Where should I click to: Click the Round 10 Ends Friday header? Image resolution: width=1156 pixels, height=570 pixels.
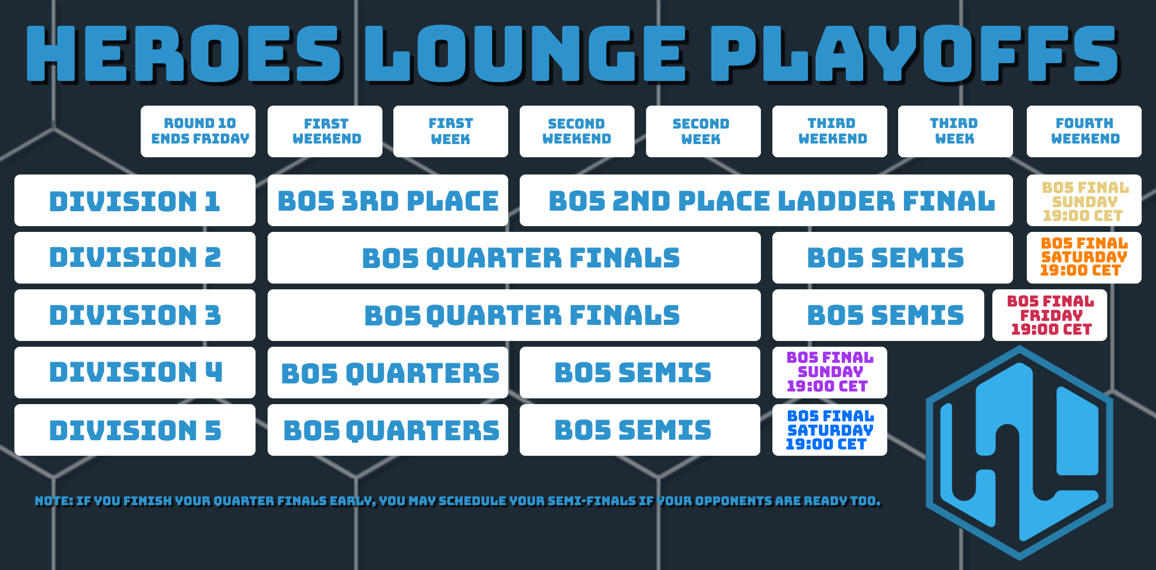pos(198,131)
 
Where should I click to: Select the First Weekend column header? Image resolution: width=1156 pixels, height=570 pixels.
pos(325,131)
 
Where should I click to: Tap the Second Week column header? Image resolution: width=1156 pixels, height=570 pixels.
pos(703,131)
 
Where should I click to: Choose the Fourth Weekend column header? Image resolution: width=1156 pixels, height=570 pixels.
pos(1084,131)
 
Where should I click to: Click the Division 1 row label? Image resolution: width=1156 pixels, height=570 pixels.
pos(135,200)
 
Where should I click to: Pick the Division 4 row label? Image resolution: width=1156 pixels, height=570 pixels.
pos(135,373)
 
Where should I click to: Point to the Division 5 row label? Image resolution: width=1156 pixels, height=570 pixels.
pos(135,430)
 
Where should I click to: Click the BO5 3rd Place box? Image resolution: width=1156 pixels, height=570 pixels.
pos(388,200)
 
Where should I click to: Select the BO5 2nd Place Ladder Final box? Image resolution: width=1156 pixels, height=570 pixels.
pos(766,200)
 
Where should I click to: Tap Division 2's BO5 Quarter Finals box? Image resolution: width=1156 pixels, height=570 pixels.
pos(514,258)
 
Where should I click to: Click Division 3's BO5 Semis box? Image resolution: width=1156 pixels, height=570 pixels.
pos(878,315)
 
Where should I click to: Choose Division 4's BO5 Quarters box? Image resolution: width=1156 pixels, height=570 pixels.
pos(388,373)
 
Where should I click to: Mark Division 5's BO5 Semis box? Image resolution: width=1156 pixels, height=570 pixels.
pos(640,430)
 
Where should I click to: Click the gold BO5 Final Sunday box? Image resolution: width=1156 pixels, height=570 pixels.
pos(1084,200)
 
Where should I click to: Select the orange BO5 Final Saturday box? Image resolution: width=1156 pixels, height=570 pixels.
pos(1084,258)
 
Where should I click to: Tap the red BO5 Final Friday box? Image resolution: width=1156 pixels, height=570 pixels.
pos(1050,315)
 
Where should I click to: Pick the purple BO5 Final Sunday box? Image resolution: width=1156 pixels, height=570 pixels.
pos(830,373)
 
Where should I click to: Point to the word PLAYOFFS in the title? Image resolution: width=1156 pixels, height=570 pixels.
pos(915,53)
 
